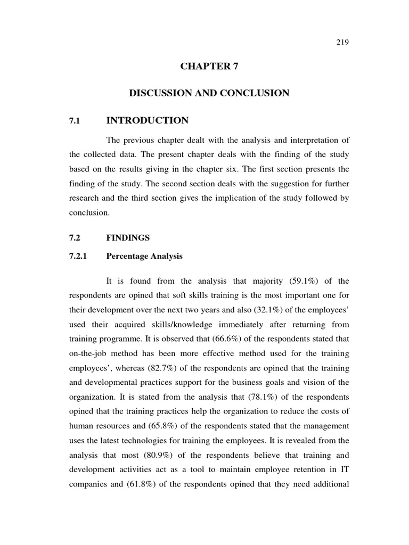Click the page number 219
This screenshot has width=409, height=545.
342,43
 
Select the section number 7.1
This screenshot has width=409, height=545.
74,121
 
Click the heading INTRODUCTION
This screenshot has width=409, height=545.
147,121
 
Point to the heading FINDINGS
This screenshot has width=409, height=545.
128,238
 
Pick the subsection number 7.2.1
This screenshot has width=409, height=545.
78,256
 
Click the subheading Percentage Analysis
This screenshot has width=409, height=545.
144,256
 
